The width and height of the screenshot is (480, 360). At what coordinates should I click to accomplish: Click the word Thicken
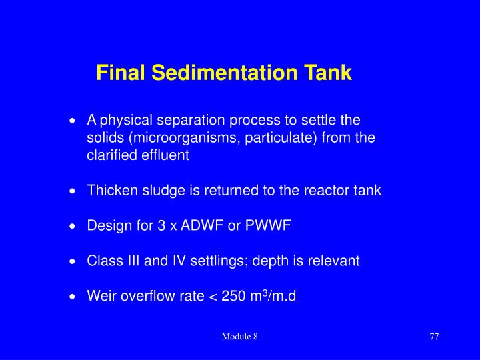(110, 191)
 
